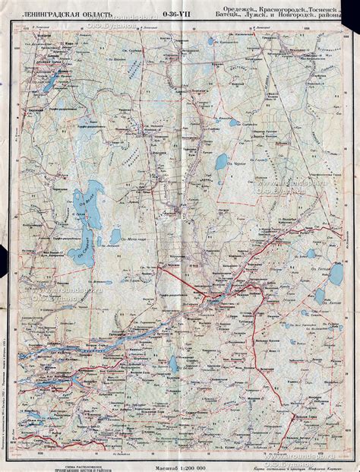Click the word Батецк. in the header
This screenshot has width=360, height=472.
(x=229, y=16)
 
